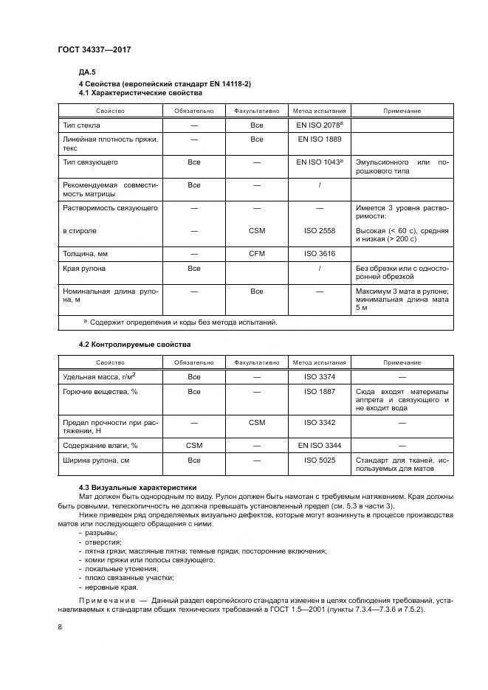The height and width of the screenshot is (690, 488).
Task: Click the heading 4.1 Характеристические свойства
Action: [140, 94]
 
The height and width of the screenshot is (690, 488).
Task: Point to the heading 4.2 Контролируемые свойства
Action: [134, 345]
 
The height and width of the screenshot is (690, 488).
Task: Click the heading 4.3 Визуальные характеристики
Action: [138, 487]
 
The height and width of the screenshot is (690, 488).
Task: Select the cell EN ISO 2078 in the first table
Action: [318, 125]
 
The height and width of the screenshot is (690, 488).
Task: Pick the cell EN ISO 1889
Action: [319, 139]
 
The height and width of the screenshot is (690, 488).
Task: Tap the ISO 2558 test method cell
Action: [319, 230]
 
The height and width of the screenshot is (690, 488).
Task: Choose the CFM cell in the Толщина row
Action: [256, 253]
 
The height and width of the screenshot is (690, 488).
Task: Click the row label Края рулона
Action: [84, 269]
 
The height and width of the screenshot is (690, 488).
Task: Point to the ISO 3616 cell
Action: [319, 253]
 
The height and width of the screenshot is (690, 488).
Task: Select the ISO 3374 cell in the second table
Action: [319, 376]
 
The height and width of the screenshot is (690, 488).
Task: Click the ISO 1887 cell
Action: [319, 391]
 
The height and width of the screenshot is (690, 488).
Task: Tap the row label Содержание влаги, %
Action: [100, 446]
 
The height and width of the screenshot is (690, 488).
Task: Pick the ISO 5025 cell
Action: [319, 460]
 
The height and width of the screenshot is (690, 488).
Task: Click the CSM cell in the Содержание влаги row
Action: [193, 446]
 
